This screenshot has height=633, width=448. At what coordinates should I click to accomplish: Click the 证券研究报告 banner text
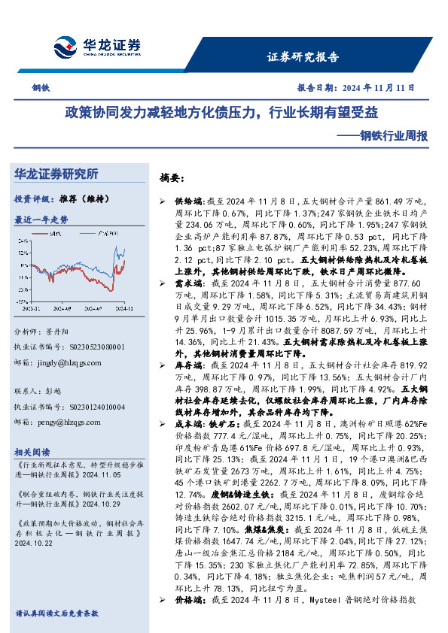click(303, 57)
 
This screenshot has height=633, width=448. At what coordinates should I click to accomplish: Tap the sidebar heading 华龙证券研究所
click(56, 174)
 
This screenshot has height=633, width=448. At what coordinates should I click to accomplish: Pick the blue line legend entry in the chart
click(110, 235)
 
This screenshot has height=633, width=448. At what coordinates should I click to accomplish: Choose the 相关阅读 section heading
click(32, 452)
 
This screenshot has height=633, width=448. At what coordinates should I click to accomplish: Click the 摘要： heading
click(172, 179)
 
